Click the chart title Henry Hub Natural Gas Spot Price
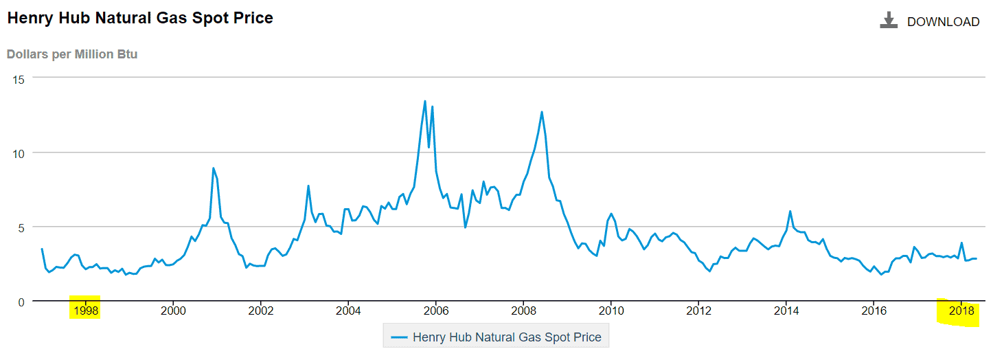point(140,19)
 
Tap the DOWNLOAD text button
point(943,22)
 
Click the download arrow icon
point(889,21)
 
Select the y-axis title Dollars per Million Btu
point(72,54)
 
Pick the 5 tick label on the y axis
point(21,227)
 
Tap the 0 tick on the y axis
point(21,301)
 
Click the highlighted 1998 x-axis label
point(86,310)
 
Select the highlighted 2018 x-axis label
point(960,310)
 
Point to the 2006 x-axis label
point(436,310)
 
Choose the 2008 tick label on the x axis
point(523,310)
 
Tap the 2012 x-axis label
point(698,310)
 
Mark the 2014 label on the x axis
point(786,310)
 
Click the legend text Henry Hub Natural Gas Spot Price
point(507,337)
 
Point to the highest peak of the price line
point(425,101)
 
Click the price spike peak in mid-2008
point(542,111)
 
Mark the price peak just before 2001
point(214,168)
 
